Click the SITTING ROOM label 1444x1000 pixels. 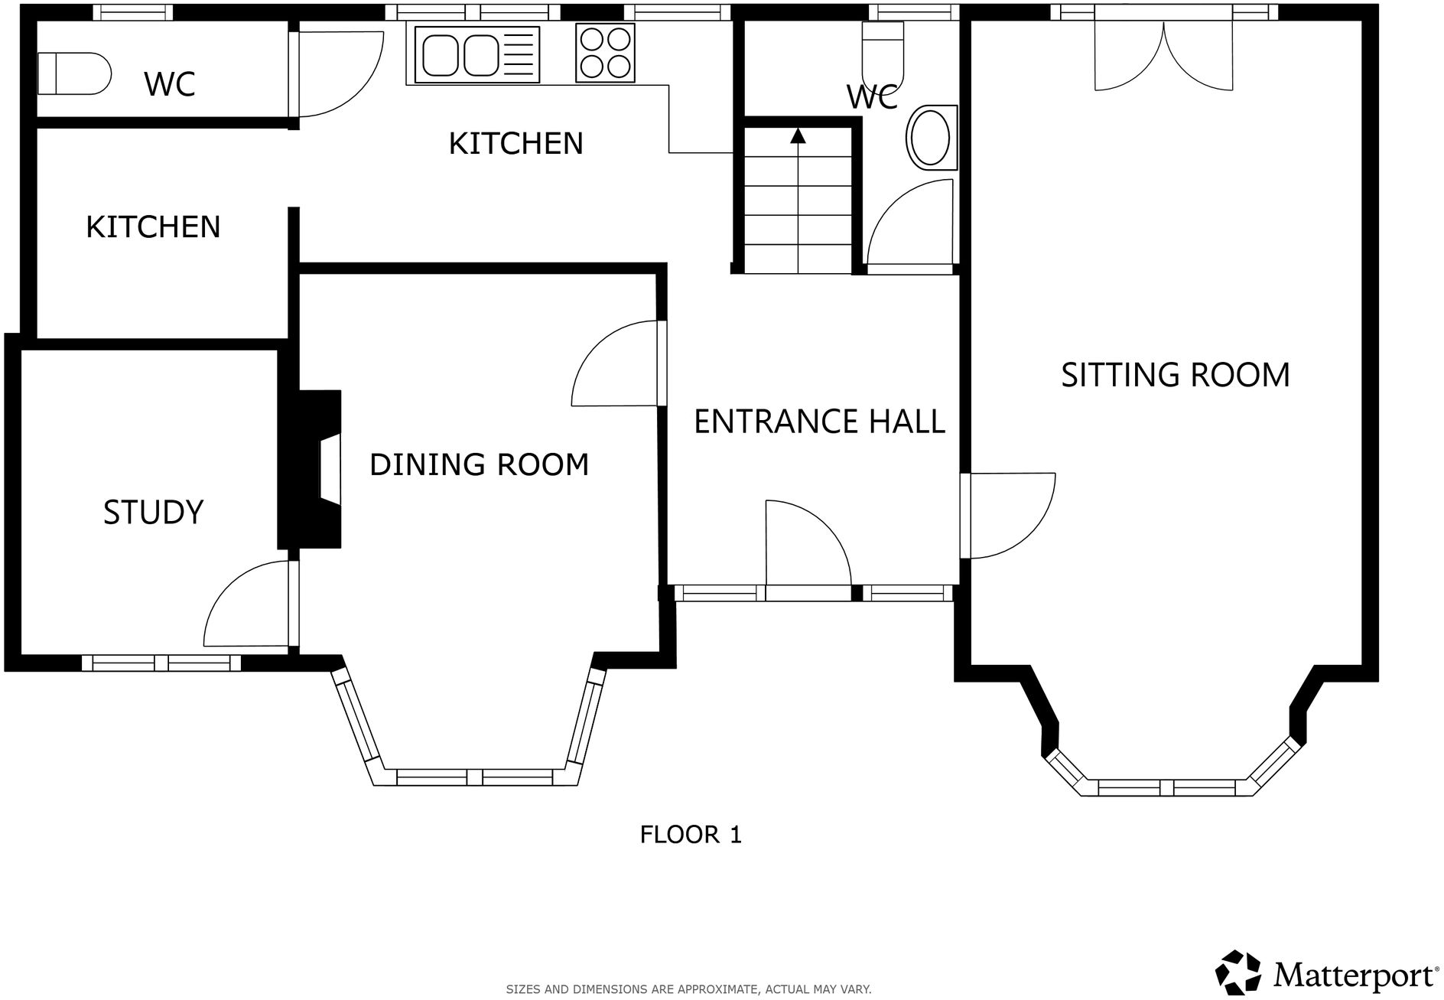coord(1175,375)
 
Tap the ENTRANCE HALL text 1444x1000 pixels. coord(819,422)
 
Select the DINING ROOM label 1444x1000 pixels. coord(479,464)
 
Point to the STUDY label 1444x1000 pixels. coord(153,512)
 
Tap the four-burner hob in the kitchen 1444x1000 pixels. coord(605,53)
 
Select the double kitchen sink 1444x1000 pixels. coord(476,54)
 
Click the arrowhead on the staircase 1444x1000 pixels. coord(798,136)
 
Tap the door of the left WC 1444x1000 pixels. coord(337,73)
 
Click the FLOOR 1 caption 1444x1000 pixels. coord(691,834)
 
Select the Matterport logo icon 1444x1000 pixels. coord(1237,972)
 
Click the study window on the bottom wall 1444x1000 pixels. coord(161,663)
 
